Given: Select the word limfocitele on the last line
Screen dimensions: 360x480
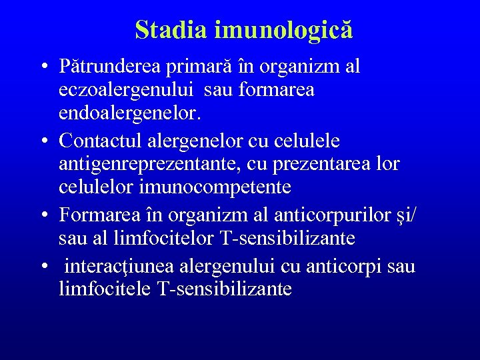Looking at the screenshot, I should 105,290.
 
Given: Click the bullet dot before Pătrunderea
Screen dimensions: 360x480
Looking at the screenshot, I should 43,67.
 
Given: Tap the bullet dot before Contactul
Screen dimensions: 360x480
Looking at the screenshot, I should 43,141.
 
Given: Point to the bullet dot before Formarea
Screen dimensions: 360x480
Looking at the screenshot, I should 43,215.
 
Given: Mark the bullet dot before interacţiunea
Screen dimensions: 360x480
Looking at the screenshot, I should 43,267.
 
